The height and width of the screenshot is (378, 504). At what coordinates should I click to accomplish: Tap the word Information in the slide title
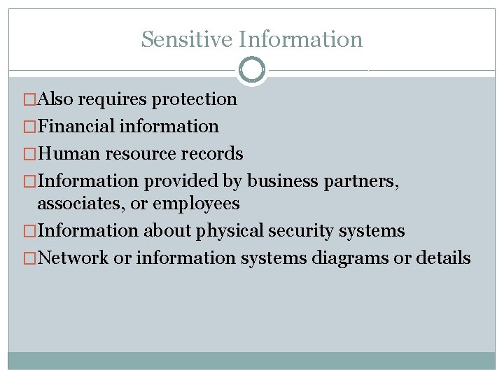300,39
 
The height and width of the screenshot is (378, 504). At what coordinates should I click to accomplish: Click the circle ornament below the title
252,70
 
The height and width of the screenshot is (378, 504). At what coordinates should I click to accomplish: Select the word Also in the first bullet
57,99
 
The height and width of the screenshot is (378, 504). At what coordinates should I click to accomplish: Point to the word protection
195,99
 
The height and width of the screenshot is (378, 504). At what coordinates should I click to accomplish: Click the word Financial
76,127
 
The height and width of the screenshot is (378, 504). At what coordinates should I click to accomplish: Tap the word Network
73,258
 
